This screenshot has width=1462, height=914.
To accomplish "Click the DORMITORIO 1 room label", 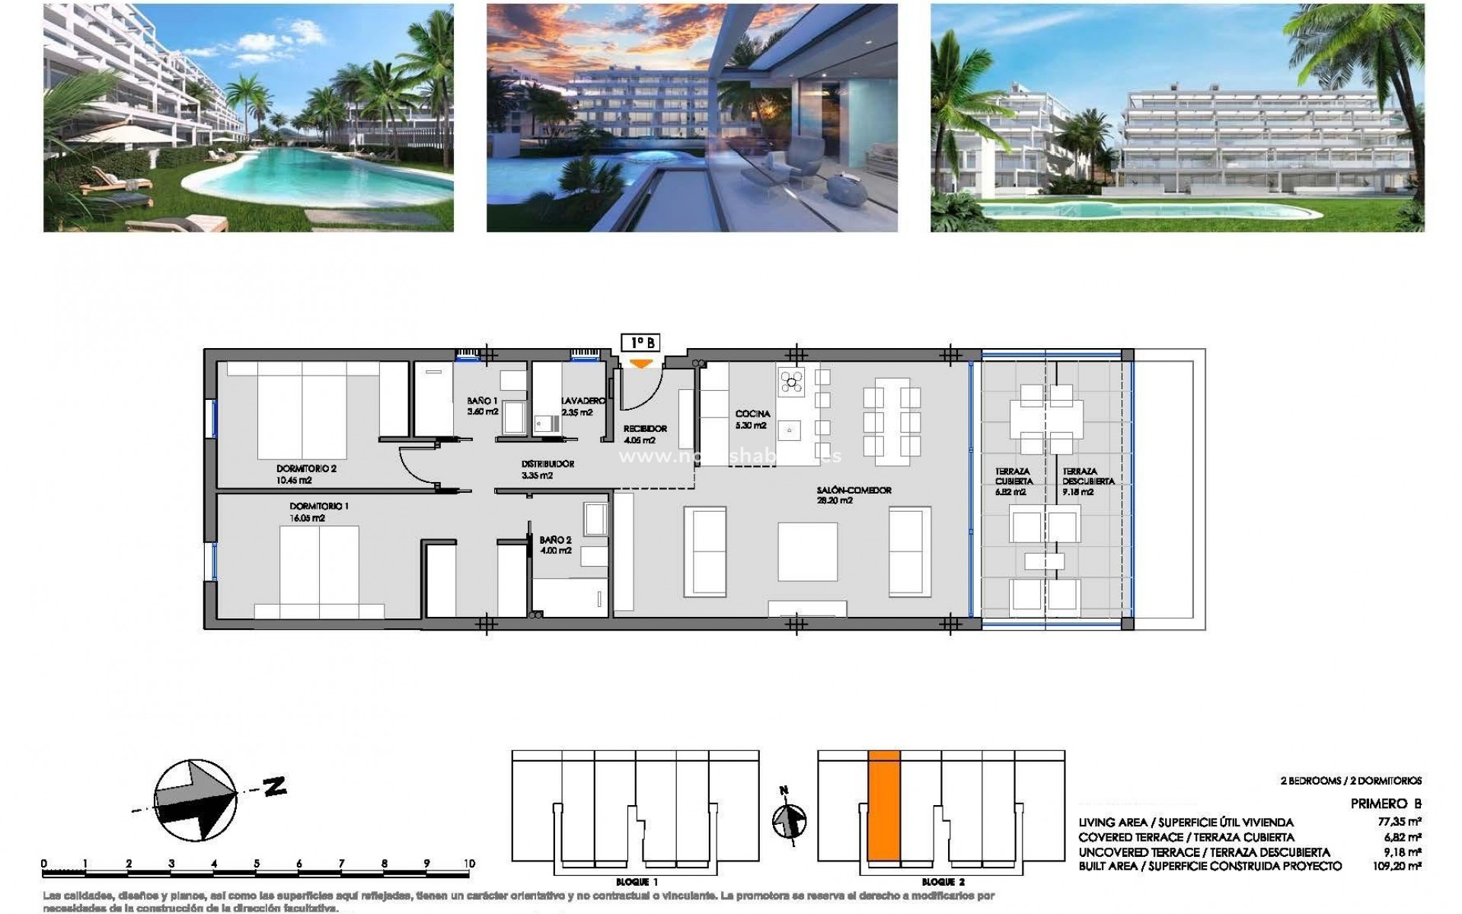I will (319, 507).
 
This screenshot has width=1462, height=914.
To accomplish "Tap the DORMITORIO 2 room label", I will (306, 469).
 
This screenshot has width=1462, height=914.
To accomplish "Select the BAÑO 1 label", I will (482, 401).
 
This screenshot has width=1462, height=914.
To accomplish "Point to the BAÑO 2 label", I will (555, 540).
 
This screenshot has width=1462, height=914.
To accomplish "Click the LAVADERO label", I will (583, 401).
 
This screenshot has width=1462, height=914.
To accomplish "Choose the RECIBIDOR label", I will (644, 429).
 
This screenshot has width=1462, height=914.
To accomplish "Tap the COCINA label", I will (752, 414).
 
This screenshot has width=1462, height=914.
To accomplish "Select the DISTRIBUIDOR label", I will (547, 464).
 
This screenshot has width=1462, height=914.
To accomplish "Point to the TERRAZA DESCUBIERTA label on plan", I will (1088, 477).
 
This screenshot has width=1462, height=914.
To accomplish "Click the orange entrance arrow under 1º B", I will (642, 364).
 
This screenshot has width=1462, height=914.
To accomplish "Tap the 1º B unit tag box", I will (640, 344).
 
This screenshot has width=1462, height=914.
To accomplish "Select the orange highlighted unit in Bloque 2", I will (884, 815).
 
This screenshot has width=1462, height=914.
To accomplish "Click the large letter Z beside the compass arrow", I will (274, 786).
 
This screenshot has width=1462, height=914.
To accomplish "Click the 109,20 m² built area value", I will (1402, 866).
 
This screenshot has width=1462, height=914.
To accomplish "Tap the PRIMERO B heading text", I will (1386, 804).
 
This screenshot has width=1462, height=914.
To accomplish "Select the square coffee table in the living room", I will (807, 551).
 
